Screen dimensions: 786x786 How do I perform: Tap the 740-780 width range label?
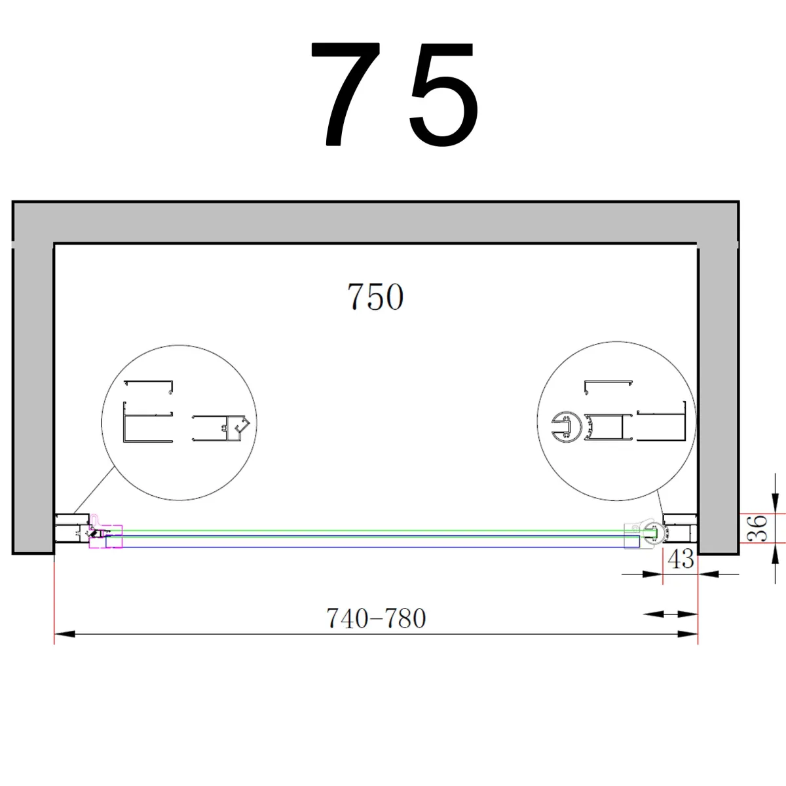point(376,618)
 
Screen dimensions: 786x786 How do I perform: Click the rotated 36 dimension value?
point(758,528)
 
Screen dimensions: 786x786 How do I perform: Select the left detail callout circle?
point(179,422)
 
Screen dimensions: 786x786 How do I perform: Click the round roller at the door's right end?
point(650,532)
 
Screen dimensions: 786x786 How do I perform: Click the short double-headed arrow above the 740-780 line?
point(671,614)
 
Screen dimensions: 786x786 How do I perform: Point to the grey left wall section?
point(33,393)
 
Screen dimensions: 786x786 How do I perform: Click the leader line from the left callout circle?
point(95,489)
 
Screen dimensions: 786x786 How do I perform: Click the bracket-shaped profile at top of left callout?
point(149,386)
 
